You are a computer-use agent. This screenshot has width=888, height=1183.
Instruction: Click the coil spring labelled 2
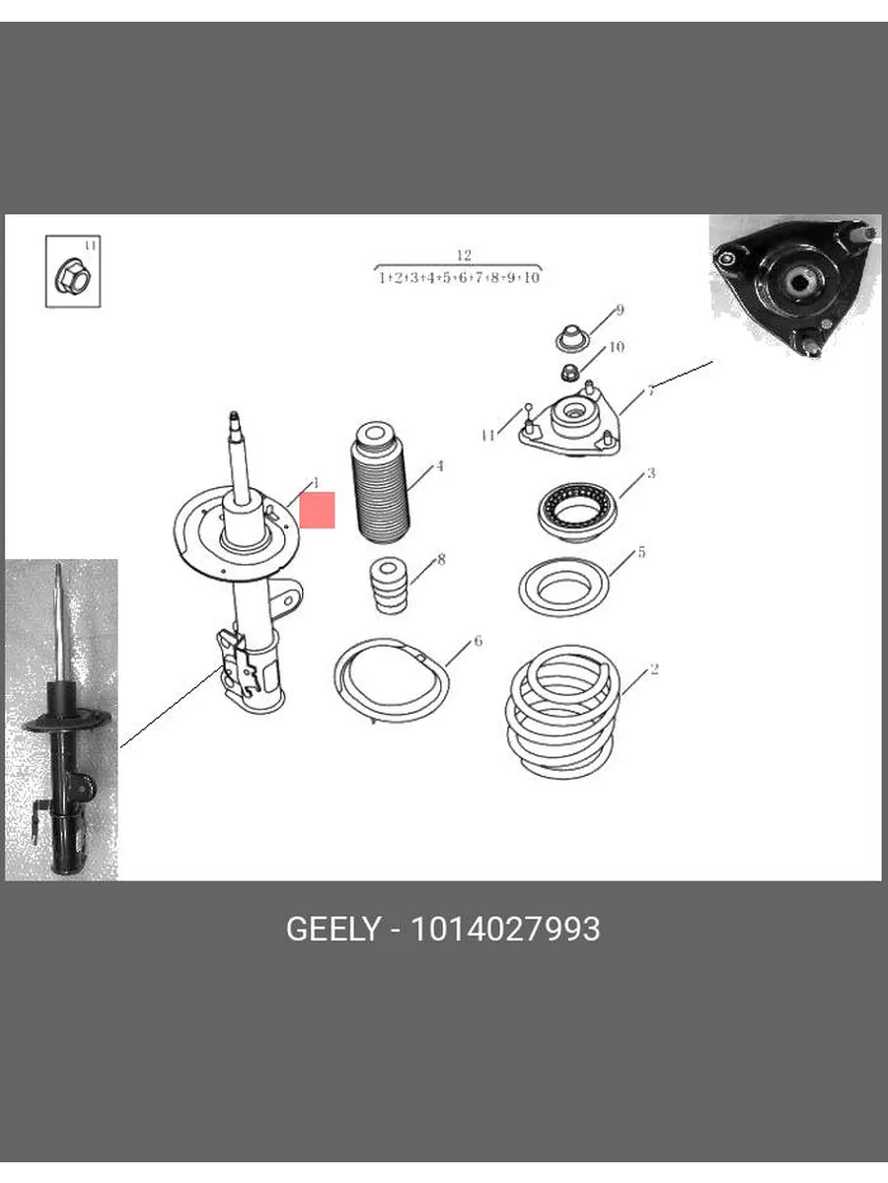point(561,712)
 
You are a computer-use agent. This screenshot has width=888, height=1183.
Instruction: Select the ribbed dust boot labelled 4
point(380,483)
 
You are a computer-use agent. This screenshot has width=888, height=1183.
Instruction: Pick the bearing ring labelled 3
point(577,513)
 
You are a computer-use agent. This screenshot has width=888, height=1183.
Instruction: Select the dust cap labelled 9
point(571,338)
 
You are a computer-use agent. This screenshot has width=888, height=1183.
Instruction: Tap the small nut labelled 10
point(569,372)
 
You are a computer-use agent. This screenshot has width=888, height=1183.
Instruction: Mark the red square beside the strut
point(317,510)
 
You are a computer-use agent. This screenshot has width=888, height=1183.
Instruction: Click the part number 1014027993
point(505,929)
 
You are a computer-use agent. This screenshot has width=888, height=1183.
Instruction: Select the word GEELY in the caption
point(333,929)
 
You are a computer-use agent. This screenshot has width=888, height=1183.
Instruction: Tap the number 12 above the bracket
point(464,255)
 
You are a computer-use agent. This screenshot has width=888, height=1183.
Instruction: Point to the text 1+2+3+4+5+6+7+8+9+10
point(459,278)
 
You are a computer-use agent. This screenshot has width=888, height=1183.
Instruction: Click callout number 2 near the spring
point(654,668)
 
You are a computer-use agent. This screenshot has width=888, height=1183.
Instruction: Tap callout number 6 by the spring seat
point(478,641)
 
